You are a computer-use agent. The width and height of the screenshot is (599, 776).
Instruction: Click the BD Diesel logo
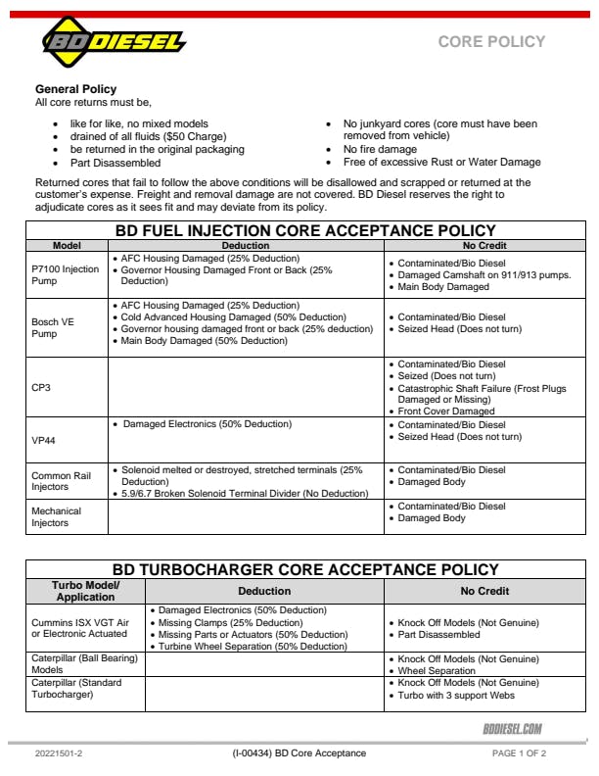[x=113, y=42]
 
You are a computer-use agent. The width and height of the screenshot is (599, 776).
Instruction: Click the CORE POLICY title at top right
[x=491, y=41]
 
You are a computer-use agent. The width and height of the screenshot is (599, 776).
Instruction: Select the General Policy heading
[x=75, y=89]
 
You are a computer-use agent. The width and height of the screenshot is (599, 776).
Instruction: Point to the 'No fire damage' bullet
[x=380, y=150]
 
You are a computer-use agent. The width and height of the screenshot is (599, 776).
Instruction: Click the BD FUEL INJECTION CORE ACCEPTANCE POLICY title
[x=305, y=230]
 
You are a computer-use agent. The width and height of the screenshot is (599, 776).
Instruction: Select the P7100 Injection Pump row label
[x=65, y=274]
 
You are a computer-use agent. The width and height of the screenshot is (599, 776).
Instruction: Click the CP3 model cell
[x=41, y=387]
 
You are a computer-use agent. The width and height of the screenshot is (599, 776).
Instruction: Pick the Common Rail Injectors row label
[x=61, y=481]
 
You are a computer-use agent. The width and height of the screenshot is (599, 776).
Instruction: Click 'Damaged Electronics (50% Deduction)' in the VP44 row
[x=207, y=424]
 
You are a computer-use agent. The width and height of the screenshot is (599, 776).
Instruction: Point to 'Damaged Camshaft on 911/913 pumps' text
[x=484, y=275]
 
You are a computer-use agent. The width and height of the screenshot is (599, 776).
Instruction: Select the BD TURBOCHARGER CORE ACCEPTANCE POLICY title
[x=305, y=569]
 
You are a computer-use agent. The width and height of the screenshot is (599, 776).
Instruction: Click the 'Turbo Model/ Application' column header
[x=85, y=591]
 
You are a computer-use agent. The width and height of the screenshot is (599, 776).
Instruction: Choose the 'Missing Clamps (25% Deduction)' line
[x=230, y=623]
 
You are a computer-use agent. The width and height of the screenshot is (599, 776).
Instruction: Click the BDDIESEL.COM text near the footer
[x=512, y=729]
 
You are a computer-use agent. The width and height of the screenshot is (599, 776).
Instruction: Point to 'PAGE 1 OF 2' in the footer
[x=519, y=753]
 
